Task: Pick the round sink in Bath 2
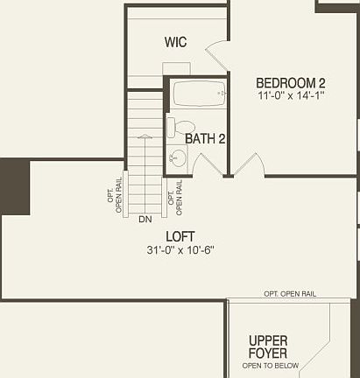(x=178, y=158)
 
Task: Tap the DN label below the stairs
(x=145, y=219)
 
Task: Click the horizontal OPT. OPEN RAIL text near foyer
(x=290, y=294)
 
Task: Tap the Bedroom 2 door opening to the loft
(x=249, y=165)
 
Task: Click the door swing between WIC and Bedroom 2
(x=218, y=54)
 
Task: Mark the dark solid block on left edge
(x=14, y=185)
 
